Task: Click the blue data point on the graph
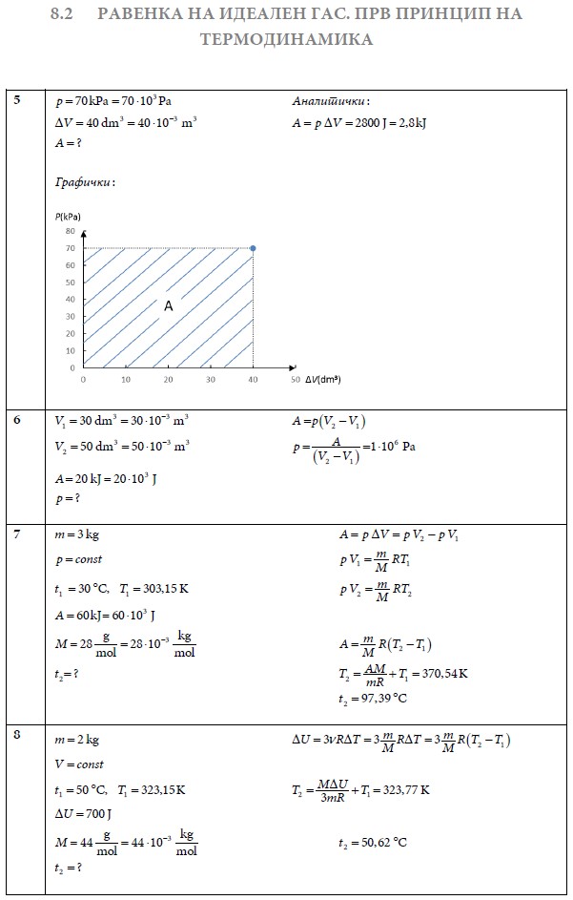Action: click(253, 248)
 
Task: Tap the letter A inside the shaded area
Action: click(168, 306)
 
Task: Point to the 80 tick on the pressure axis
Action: click(70, 231)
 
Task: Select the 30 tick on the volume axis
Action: click(211, 380)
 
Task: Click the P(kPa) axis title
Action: click(68, 217)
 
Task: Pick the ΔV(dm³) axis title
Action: click(323, 380)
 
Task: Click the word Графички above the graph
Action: click(85, 181)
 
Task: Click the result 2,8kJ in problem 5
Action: click(409, 122)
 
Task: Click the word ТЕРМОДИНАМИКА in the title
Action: click(286, 41)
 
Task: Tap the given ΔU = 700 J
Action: click(84, 814)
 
